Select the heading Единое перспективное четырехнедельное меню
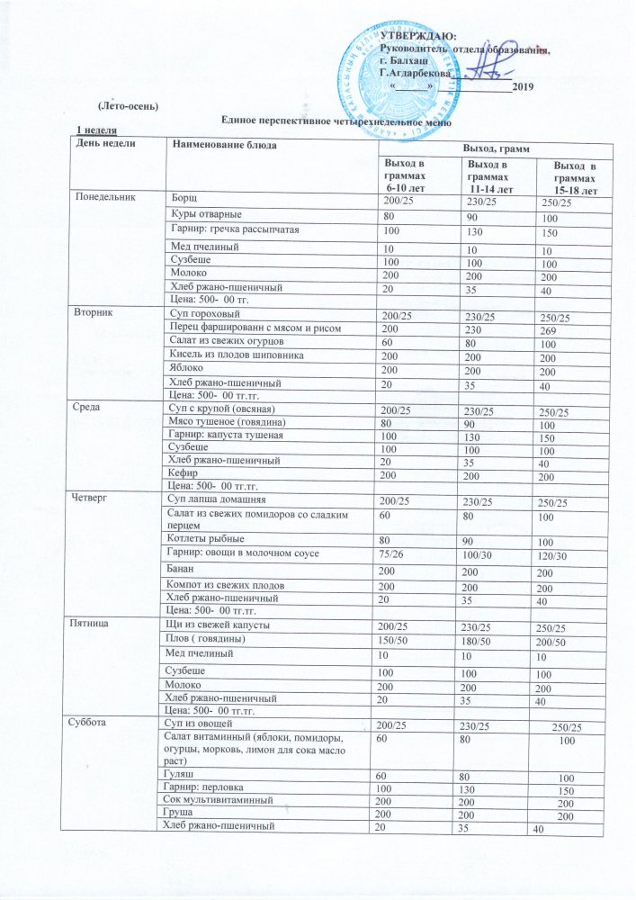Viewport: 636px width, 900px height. (336, 121)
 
